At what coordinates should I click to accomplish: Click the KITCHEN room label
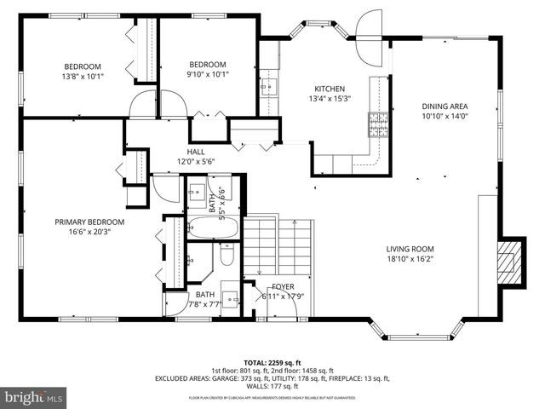click(330, 89)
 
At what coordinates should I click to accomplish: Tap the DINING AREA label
click(445, 107)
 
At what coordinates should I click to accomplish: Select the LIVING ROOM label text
click(410, 249)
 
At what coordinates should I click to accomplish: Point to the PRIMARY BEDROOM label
click(89, 222)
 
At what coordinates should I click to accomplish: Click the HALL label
click(196, 152)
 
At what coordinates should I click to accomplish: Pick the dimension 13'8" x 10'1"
click(83, 75)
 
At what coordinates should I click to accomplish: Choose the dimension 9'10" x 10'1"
click(208, 74)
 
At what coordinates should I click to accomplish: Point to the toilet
click(227, 255)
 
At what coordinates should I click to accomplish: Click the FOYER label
click(283, 286)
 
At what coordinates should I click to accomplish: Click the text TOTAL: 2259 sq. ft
click(272, 362)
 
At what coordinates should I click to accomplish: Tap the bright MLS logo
click(34, 398)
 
